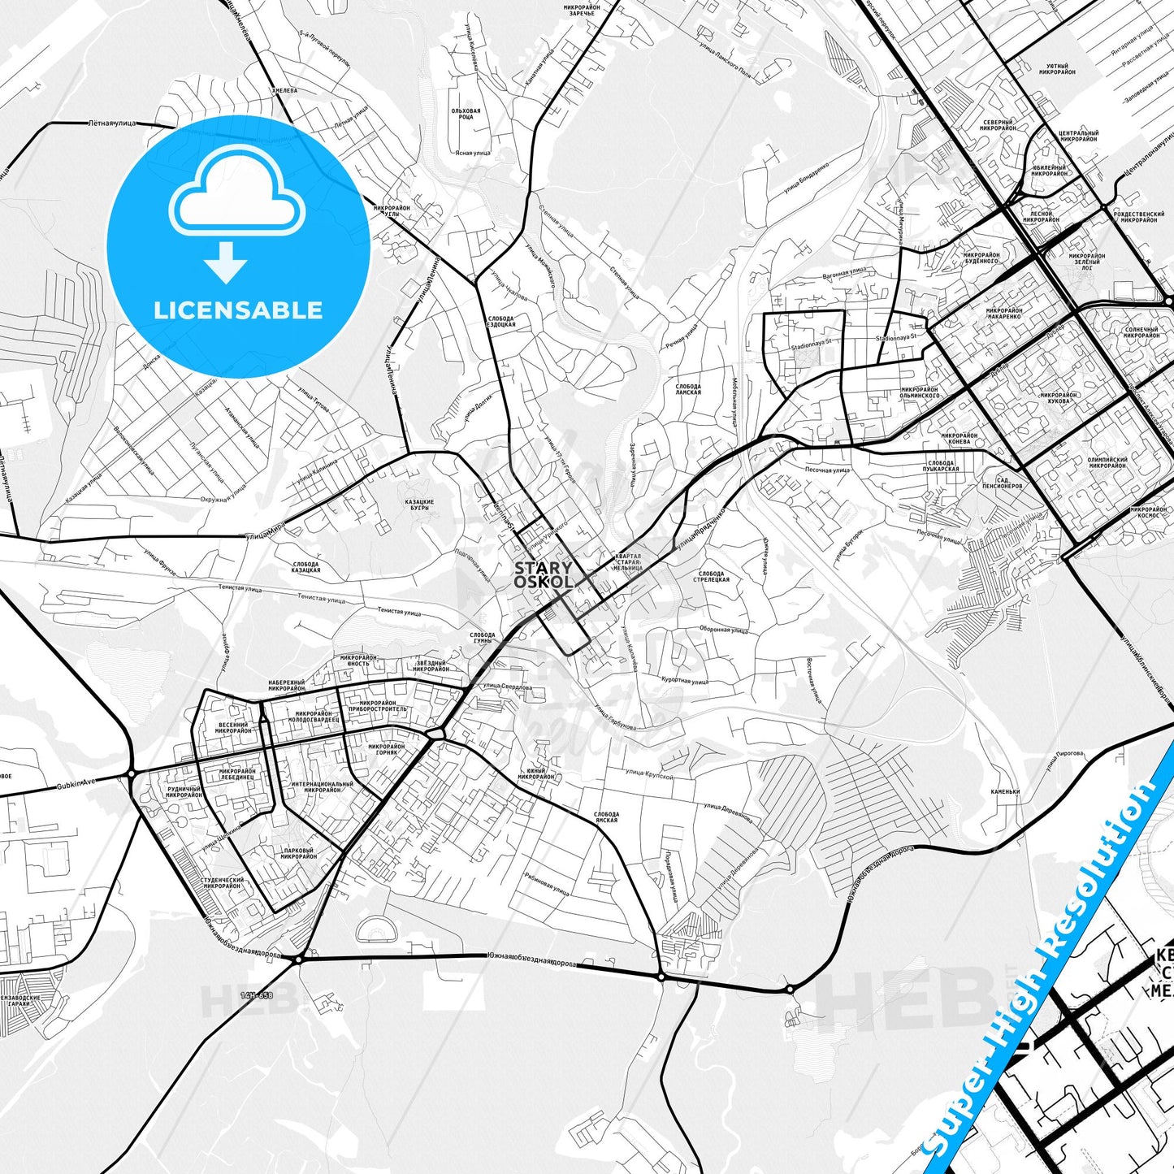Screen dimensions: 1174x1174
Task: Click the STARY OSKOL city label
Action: pos(543,574)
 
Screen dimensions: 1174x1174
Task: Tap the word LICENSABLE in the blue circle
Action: pos(238,310)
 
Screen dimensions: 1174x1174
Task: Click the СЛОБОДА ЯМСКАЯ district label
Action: pos(606,817)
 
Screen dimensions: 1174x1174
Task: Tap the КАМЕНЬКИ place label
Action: pos(1004,791)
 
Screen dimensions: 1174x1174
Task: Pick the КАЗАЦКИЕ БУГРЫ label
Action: pos(419,505)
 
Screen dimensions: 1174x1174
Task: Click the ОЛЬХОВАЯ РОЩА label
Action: pos(466,114)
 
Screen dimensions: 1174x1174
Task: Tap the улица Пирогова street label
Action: pos(1065,753)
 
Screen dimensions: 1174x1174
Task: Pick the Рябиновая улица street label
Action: pos(546,886)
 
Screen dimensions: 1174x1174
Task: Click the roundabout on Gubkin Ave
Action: pos(132,774)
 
